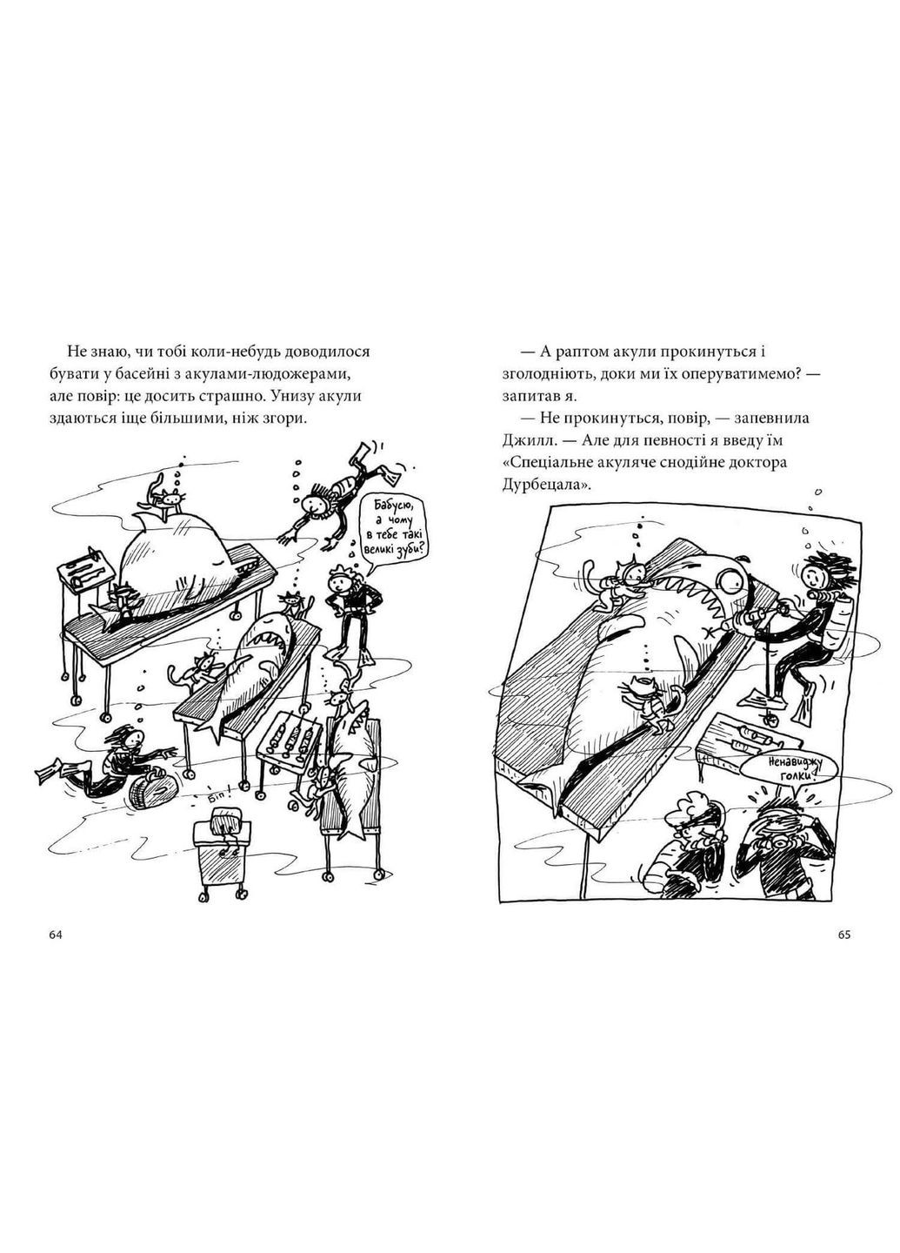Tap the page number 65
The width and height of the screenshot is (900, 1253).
point(843,935)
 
